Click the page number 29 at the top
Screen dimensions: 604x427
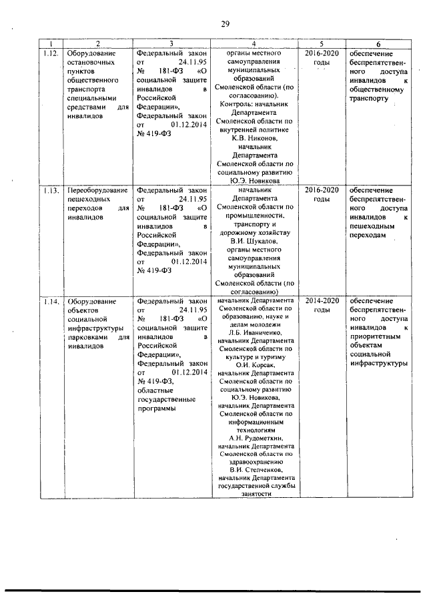[x=226, y=24]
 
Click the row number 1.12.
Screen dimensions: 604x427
[x=49, y=53]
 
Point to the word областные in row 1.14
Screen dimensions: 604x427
[x=154, y=390]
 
